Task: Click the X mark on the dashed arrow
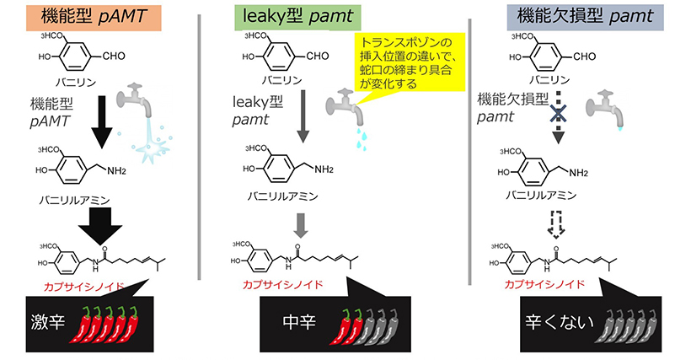click(557, 114)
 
